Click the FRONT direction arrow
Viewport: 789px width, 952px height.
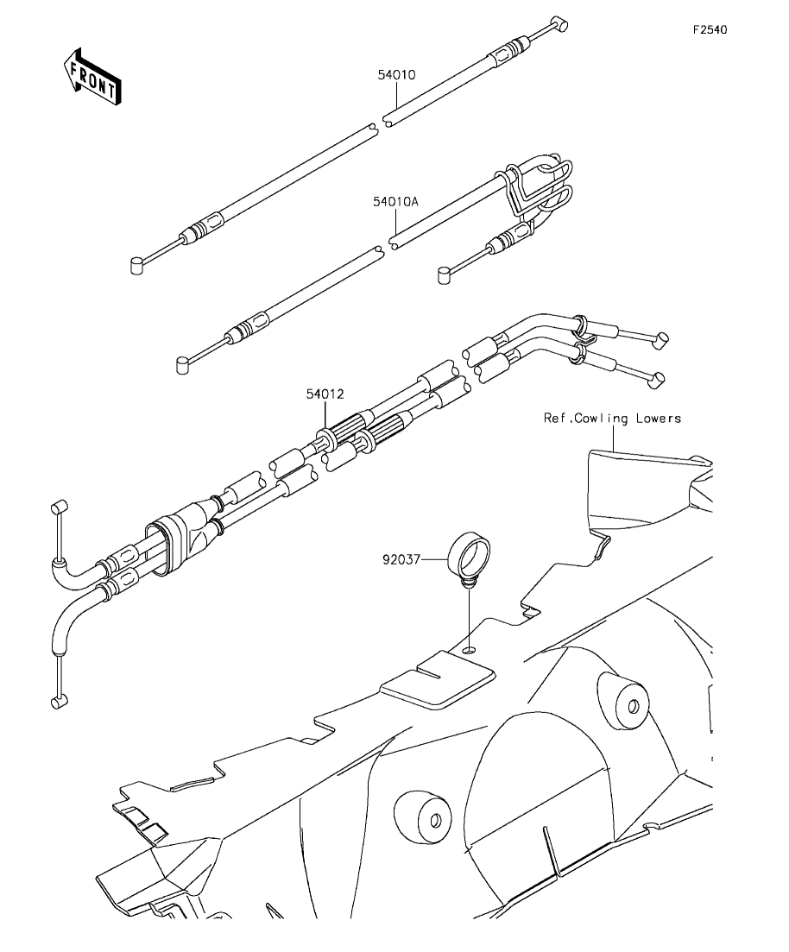[92, 76]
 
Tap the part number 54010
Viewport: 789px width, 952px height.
[396, 75]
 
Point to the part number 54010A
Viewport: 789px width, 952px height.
[395, 202]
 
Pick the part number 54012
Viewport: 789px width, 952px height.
[325, 394]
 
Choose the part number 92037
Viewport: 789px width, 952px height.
[401, 560]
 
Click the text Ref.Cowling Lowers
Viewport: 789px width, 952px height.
[612, 419]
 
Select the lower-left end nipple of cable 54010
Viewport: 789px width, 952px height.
[138, 265]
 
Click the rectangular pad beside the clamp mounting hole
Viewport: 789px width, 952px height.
[437, 678]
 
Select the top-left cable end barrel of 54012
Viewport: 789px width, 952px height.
[59, 507]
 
